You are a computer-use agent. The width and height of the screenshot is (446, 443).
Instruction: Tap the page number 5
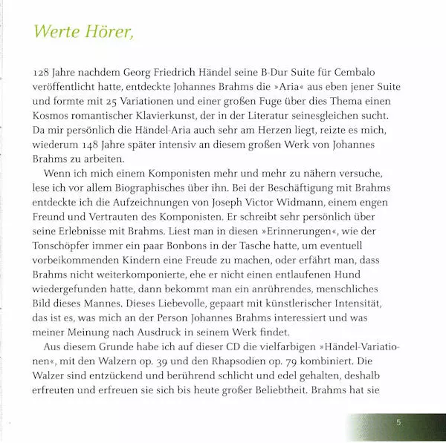coord(398,423)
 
